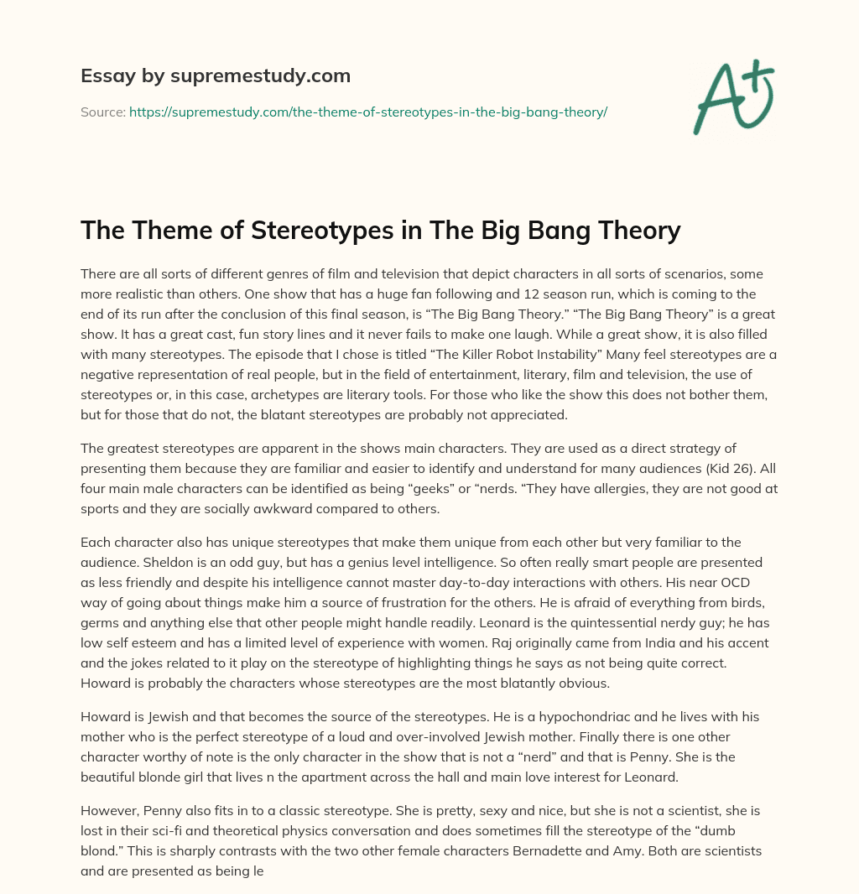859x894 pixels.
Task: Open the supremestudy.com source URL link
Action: [367, 112]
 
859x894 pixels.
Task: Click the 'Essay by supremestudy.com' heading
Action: [216, 76]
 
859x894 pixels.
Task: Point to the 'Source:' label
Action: [102, 112]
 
